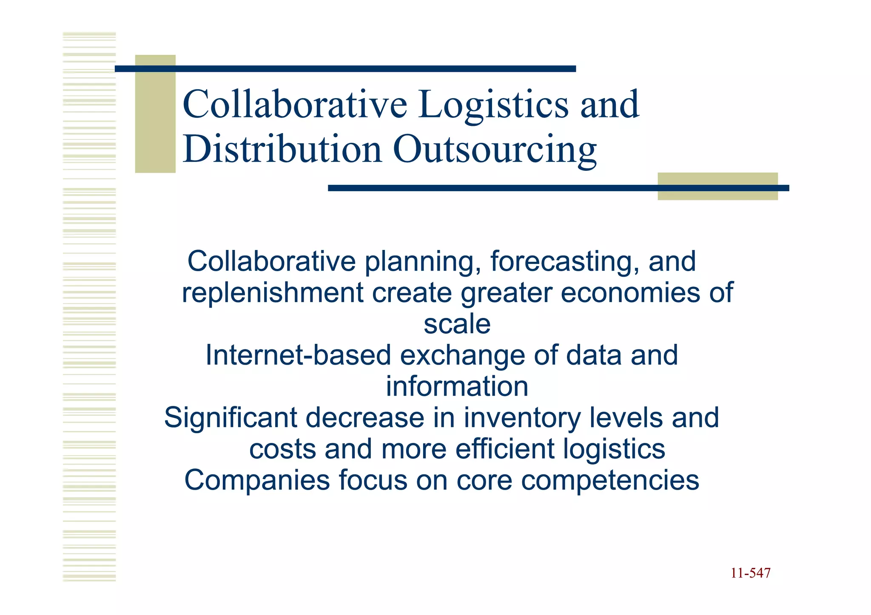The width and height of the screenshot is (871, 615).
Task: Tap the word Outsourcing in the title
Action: click(495, 150)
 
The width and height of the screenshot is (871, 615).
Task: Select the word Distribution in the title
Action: click(282, 150)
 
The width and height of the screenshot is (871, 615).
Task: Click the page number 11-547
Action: click(750, 573)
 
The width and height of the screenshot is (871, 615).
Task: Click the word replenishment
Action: click(273, 293)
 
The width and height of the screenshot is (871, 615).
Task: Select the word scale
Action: click(457, 324)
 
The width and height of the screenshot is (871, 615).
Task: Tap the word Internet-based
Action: click(298, 355)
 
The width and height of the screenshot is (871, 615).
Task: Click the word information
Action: click(457, 387)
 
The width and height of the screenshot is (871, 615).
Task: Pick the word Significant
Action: click(230, 418)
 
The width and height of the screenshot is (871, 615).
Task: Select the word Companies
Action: click(257, 481)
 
